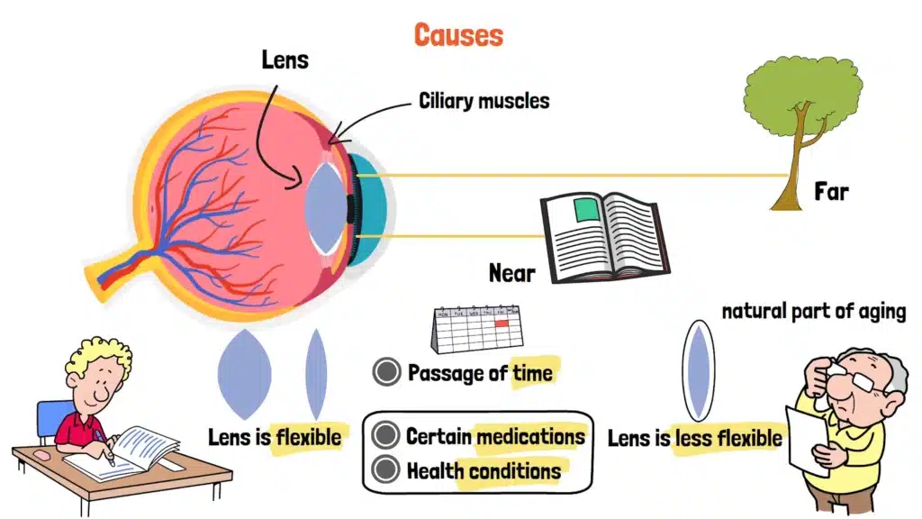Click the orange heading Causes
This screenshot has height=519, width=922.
point(458,35)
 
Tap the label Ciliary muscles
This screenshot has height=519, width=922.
point(484,100)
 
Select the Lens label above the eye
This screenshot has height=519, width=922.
point(285,60)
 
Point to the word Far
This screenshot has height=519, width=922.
point(830,191)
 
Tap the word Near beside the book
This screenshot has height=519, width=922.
point(511,271)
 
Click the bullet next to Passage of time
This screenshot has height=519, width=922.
point(386,372)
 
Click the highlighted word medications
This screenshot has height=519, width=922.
point(530,437)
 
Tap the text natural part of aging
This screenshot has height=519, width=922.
point(813,313)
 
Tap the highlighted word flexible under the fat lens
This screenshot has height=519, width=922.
point(309,438)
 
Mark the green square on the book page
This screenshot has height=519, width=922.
point(587,211)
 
